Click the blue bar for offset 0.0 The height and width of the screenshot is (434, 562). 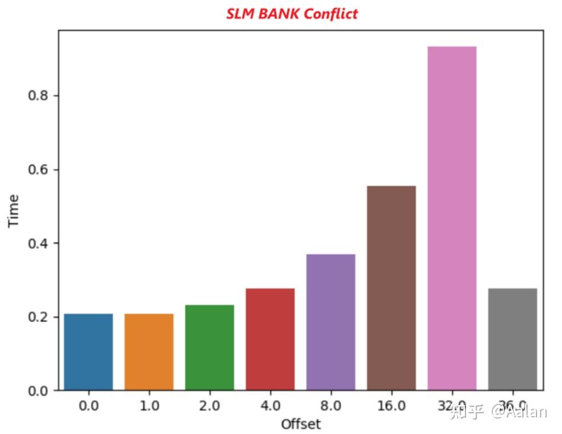point(88,352)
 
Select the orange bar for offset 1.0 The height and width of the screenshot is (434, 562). point(149,352)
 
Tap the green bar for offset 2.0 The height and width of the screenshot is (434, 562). point(210,348)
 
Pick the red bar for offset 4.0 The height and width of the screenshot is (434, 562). point(270,339)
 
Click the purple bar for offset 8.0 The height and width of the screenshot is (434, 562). point(330,322)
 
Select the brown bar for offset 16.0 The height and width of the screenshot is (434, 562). point(391,288)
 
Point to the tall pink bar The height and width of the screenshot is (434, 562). point(452,218)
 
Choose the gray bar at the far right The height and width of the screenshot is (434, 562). point(512,339)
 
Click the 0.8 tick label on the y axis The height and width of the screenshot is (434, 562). point(38,96)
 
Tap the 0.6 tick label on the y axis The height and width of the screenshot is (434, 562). point(38,170)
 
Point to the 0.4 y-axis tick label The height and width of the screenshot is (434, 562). point(38,243)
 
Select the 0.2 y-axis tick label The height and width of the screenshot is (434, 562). point(38,317)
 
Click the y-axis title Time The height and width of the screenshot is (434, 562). point(14,210)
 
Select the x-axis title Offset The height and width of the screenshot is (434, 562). point(301,424)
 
